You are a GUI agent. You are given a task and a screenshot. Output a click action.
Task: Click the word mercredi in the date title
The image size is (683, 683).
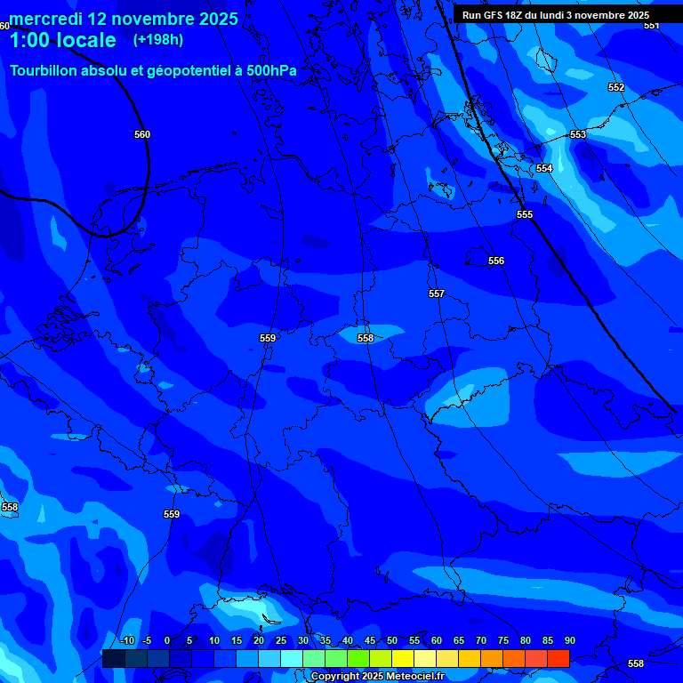click(44, 19)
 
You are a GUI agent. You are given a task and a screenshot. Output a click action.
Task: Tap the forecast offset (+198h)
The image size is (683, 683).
click(157, 40)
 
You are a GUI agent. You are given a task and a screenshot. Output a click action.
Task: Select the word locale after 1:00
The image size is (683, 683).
click(84, 40)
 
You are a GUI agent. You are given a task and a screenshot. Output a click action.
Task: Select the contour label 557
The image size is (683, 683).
click(436, 293)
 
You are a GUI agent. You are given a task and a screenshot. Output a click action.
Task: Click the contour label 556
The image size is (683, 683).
click(495, 261)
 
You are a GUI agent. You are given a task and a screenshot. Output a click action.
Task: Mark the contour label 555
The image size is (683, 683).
click(525, 214)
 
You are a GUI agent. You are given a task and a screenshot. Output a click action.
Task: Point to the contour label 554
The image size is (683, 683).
click(544, 168)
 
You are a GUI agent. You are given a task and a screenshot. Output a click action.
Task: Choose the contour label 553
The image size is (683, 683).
click(578, 134)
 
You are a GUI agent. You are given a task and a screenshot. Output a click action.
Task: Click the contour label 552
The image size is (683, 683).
click(616, 87)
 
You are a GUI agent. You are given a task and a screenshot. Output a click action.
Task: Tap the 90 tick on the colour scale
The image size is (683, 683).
click(569, 640)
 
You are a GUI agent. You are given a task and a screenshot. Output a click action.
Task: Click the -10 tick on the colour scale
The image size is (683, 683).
click(126, 640)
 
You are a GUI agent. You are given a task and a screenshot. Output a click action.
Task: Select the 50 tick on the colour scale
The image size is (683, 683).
click(391, 640)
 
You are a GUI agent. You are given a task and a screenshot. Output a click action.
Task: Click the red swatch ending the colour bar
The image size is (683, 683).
click(558, 658)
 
